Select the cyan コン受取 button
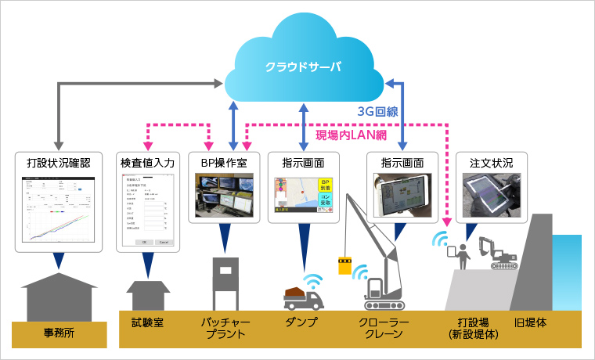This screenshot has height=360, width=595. coord(326,203)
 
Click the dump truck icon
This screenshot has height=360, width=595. coord(301,297)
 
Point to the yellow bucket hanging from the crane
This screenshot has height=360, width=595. coord(343,265)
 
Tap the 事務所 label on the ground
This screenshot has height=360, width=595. coord(59,333)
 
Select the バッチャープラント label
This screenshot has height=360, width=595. coord(224,328)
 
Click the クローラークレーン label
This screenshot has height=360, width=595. coord(382,328)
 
